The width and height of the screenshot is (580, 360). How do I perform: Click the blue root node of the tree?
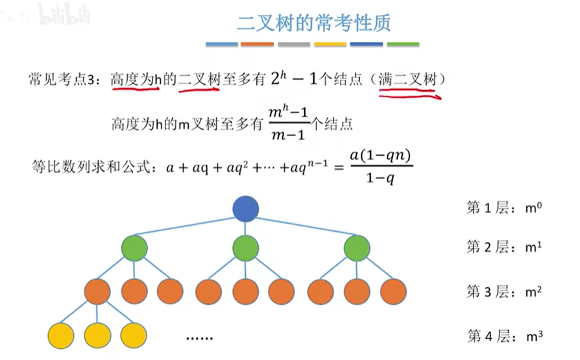tap(246, 209)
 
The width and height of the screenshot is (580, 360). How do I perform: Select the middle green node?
tap(246, 248)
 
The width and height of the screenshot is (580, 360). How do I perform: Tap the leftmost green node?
tap(134, 248)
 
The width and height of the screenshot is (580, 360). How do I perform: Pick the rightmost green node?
tap(357, 248)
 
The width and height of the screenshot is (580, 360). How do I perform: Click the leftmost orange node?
tap(97, 291)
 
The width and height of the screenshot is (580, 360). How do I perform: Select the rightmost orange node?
tap(394, 291)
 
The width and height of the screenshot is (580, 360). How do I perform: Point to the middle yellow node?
tap(97, 335)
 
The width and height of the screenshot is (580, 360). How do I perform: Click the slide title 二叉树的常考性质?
tap(313, 23)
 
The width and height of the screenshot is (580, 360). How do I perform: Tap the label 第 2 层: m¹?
tap(504, 247)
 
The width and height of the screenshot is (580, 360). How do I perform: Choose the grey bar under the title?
tap(295, 45)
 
